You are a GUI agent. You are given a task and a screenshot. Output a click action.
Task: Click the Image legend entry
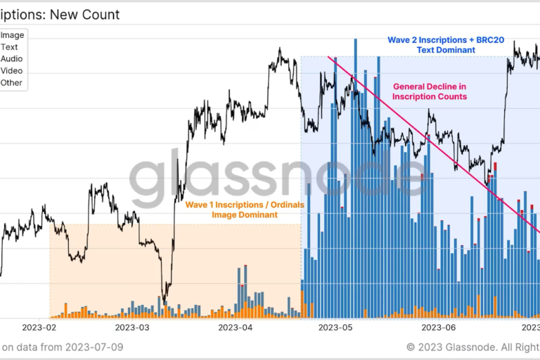tap(12, 35)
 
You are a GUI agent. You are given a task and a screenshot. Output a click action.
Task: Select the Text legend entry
tap(10, 47)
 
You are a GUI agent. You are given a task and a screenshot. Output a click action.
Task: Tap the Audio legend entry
tap(12, 59)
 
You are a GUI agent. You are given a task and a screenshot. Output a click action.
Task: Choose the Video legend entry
tap(12, 71)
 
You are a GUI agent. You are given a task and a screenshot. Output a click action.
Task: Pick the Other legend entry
tap(12, 83)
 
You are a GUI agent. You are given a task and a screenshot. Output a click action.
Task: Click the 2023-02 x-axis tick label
tap(39, 328)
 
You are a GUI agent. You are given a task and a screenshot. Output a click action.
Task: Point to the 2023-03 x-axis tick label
tap(133, 328)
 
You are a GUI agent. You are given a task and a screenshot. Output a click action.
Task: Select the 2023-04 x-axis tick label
tap(235, 328)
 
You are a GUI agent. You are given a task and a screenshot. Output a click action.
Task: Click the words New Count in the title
tap(86, 14)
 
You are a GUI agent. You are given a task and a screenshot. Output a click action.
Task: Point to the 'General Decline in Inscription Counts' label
tap(430, 91)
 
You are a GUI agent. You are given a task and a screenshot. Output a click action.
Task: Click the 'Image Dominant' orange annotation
tap(245, 215)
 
